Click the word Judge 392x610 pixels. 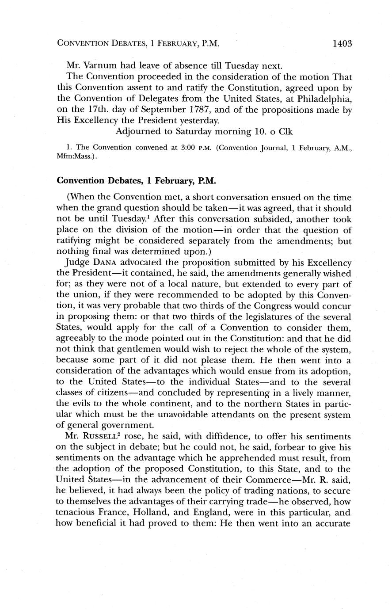click(x=68, y=262)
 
